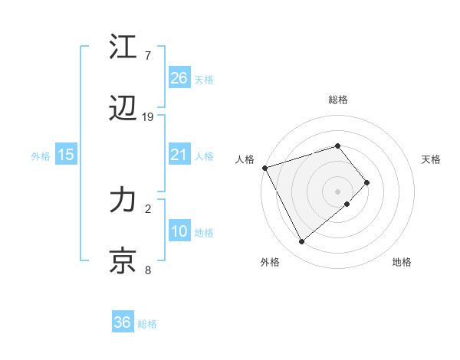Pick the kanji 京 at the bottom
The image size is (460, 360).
coord(123,261)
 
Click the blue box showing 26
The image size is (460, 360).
coord(179,78)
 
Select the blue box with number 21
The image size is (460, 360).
coord(179,155)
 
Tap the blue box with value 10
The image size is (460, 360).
coord(179,231)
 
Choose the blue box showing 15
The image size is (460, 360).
coord(66,155)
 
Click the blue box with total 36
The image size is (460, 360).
coord(122,322)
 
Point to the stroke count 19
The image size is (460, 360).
coord(148,117)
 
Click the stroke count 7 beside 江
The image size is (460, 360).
coord(148,56)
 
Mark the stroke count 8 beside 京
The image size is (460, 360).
coord(148,270)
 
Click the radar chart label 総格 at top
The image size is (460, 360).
coord(337,100)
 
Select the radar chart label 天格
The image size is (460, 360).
coord(431,159)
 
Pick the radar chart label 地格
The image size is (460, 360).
coord(402,262)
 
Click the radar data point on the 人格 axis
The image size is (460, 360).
coord(264,168)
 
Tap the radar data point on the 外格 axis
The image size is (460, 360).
coord(301,241)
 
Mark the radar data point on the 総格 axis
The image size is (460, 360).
coord(337,146)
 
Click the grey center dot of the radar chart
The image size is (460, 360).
coord(337,191)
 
